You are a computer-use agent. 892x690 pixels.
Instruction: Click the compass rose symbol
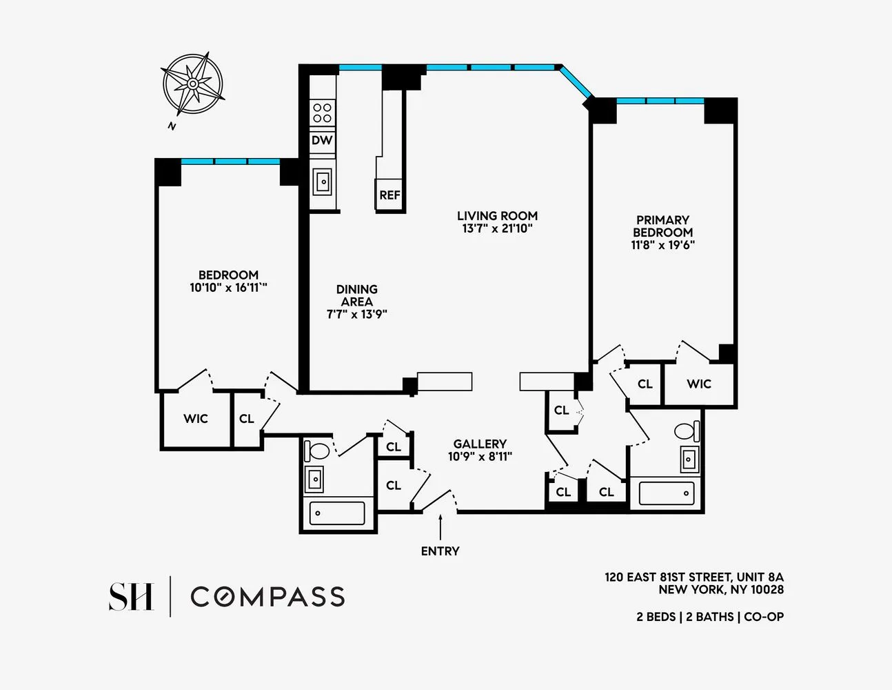pos(193,84)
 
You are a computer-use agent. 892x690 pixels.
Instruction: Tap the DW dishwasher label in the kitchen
pos(322,140)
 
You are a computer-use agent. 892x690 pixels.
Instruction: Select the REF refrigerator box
pos(389,195)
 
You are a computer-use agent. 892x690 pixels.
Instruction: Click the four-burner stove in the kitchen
pos(322,112)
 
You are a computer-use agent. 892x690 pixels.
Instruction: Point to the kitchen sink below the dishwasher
pos(323,182)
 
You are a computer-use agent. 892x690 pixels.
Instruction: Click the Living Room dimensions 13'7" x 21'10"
pos(497,228)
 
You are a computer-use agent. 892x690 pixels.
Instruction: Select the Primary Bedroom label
pos(662,226)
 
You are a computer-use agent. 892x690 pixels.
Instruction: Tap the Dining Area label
pos(357,295)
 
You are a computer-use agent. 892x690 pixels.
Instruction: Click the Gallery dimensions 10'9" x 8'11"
pos(480,456)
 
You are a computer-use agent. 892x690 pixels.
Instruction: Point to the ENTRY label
pos(440,551)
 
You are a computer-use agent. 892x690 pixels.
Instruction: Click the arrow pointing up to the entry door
pos(440,528)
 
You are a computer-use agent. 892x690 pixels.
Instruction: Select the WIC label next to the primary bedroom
pos(698,384)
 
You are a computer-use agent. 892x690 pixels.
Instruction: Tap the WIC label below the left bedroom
pos(195,419)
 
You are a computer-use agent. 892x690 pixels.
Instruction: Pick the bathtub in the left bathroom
pos(337,513)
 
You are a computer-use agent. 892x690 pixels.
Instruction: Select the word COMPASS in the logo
pos(267,597)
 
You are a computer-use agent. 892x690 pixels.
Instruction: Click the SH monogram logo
pos(131,597)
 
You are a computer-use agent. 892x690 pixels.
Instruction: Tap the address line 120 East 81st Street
pos(693,577)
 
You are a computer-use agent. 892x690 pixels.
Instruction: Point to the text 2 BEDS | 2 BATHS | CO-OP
pos(709,617)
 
